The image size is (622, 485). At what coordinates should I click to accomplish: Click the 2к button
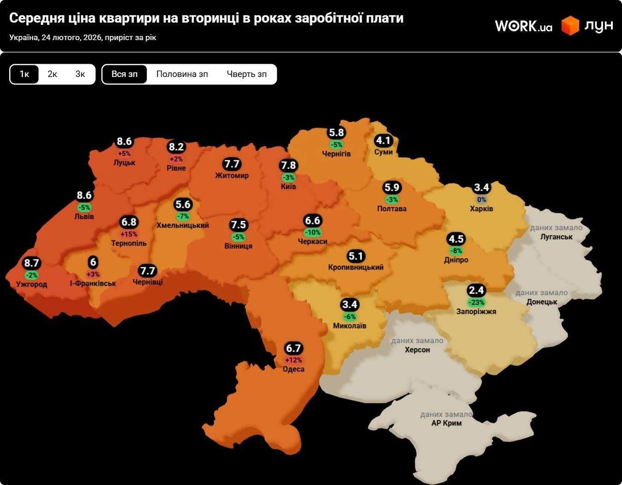point(52,74)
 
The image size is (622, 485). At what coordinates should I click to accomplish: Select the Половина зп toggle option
point(182,74)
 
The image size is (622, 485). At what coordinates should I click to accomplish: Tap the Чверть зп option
point(246,74)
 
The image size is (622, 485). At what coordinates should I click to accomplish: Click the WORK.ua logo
point(523,26)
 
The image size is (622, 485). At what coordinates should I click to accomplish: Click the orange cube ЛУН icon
point(570,26)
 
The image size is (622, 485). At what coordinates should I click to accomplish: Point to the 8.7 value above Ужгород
point(32,263)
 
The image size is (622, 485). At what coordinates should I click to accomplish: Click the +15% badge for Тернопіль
point(129,234)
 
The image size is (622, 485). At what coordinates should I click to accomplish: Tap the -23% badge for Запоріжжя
point(476,302)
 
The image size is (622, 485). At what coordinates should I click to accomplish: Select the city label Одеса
point(293,369)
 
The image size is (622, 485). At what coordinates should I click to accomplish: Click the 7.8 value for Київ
point(288,166)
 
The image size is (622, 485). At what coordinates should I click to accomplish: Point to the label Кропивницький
point(356,267)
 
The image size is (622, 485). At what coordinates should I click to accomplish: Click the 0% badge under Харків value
point(481,200)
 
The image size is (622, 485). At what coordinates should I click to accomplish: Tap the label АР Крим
point(446,423)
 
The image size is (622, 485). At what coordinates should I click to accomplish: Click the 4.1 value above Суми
point(383,141)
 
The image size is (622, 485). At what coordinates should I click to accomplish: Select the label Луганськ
point(557,237)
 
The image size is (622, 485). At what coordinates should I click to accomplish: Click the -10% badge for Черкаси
point(312,232)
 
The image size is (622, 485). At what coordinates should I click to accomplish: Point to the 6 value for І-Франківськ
point(93,263)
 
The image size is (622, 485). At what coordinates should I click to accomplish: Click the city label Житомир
point(232,175)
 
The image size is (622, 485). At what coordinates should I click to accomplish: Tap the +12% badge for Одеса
point(293,360)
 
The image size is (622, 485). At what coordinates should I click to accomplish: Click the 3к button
point(80,74)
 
